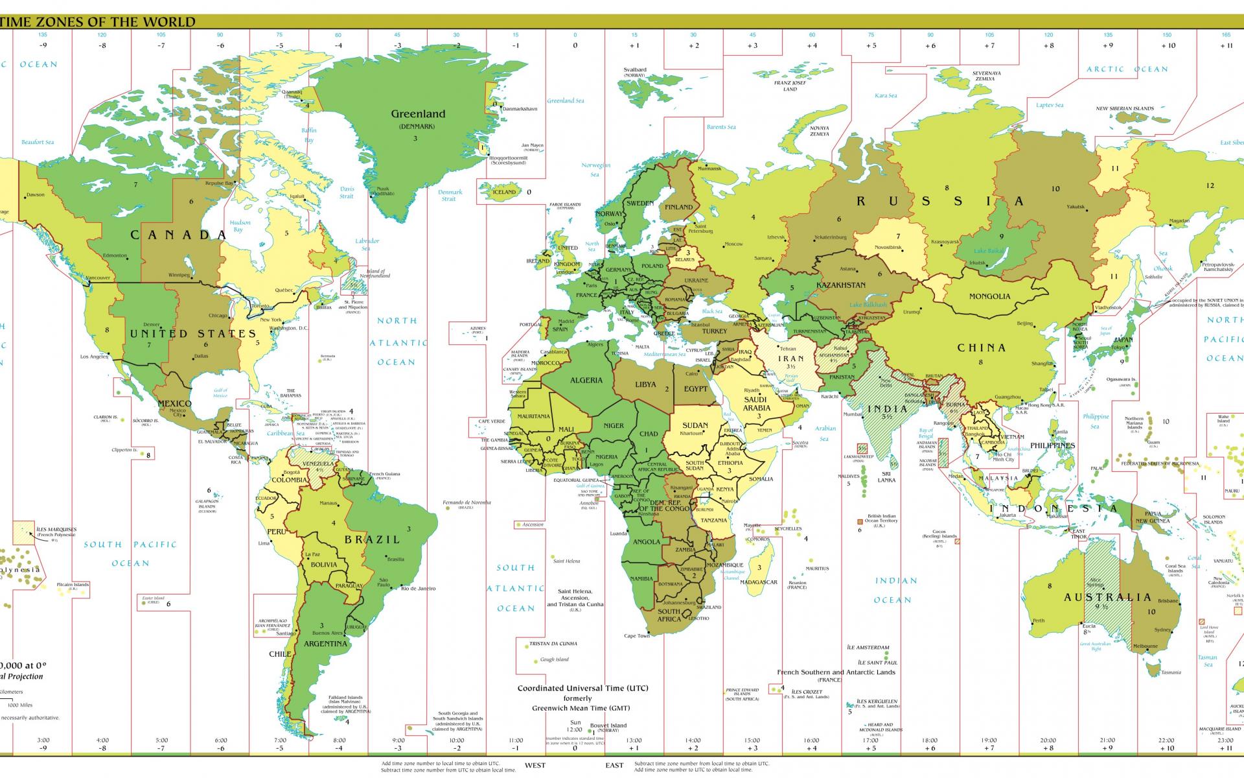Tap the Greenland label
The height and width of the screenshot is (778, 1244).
(418, 114)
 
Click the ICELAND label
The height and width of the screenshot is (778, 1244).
(504, 192)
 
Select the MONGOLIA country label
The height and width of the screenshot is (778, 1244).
(989, 296)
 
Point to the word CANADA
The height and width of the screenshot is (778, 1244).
(179, 235)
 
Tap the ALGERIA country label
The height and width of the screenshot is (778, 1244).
(586, 381)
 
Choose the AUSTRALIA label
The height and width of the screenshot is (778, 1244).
(1107, 597)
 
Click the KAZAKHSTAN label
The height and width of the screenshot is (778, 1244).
(840, 285)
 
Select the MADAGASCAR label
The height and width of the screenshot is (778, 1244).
(758, 582)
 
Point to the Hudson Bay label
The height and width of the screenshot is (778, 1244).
(240, 226)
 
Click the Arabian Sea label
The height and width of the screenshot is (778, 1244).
(825, 432)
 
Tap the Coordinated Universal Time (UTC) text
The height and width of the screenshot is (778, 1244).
(582, 688)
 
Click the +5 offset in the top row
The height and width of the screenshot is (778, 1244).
(871, 45)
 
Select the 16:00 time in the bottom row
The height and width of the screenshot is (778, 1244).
(811, 740)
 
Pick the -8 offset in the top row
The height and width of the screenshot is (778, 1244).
(102, 45)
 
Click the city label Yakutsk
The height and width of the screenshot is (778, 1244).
(1076, 207)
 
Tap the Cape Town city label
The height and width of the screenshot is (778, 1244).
(636, 635)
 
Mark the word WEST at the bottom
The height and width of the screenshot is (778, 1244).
(535, 765)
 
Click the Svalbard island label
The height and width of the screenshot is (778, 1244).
(635, 69)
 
